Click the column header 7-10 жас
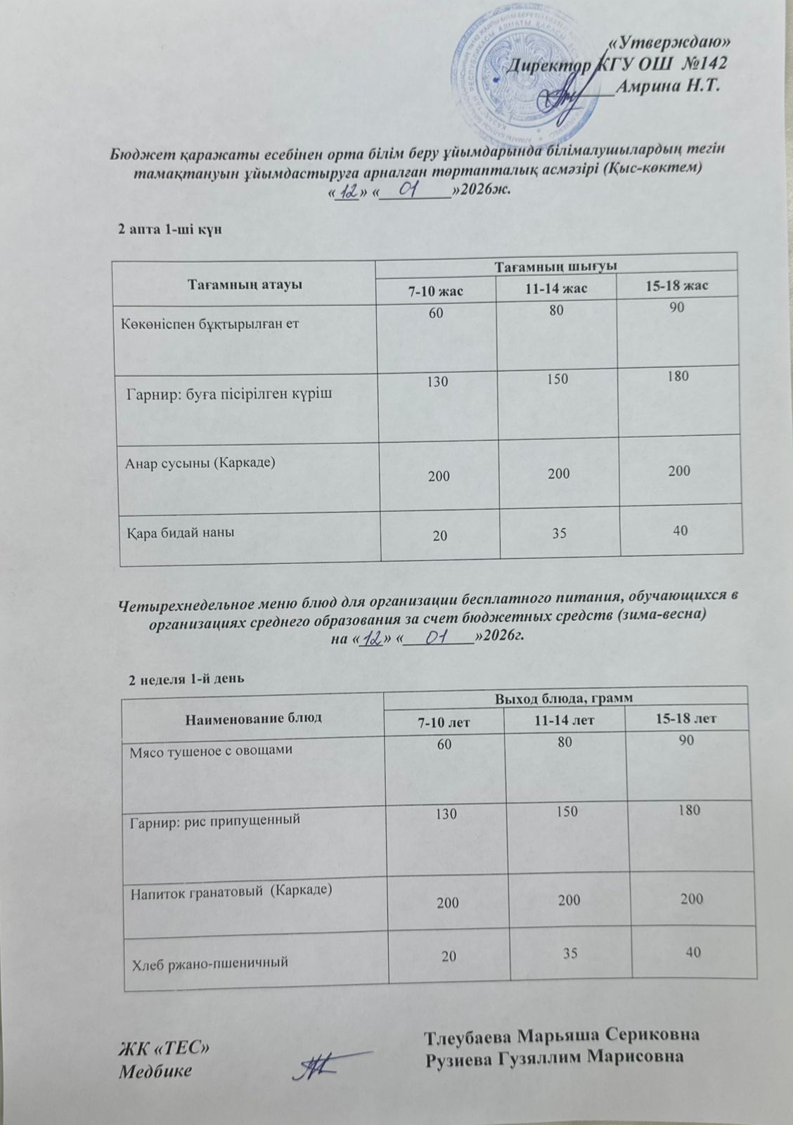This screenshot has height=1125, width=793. coord(435,289)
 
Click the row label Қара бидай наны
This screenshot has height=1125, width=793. coord(180,532)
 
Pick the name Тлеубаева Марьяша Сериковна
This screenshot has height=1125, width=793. coord(562,1037)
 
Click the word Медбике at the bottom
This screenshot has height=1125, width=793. coord(155,1071)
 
